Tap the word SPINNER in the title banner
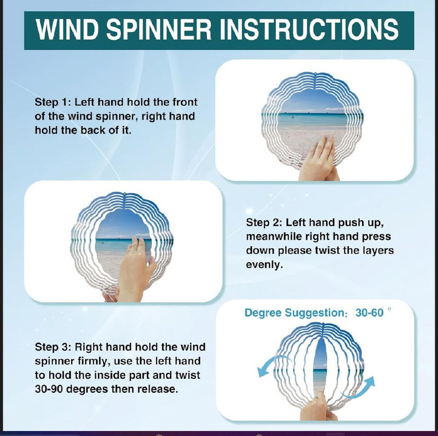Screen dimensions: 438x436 pyautogui.click(x=159, y=29)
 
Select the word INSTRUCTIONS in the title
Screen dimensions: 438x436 pyautogui.click(x=309, y=29)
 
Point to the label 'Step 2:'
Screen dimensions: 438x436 pyautogui.click(x=264, y=222)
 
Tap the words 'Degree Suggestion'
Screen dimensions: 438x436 pyautogui.click(x=295, y=313)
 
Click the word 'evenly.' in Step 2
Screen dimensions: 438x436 pyautogui.click(x=264, y=265)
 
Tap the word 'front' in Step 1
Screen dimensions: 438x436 pyautogui.click(x=184, y=102)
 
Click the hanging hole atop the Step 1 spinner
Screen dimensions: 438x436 pyautogui.click(x=315, y=74)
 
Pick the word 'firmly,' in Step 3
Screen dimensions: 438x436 pyautogui.click(x=94, y=361)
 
